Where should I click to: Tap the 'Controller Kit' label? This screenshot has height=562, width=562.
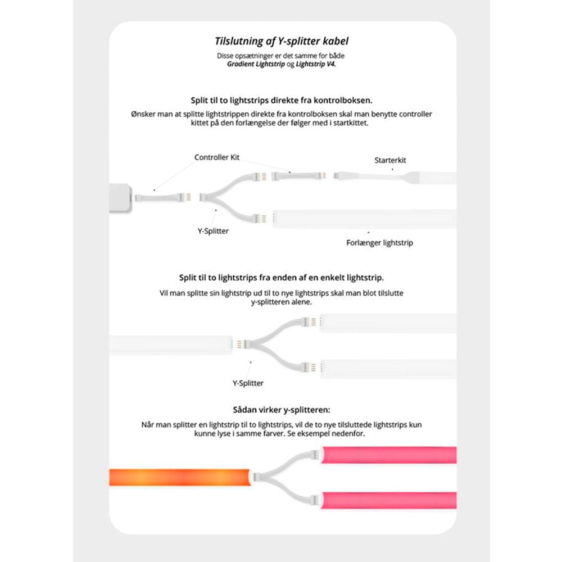point(216,157)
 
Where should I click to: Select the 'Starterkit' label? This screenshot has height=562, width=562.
point(390,160)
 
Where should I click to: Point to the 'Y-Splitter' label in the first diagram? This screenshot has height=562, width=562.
point(214,231)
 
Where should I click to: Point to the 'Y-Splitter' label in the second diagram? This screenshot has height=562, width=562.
point(248,383)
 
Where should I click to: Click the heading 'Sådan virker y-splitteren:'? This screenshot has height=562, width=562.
point(281,410)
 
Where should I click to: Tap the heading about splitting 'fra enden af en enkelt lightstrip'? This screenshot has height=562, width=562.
point(282,278)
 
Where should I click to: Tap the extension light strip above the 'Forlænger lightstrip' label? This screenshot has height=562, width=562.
point(365,218)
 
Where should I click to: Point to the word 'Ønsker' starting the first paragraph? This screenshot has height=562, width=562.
point(144,114)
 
